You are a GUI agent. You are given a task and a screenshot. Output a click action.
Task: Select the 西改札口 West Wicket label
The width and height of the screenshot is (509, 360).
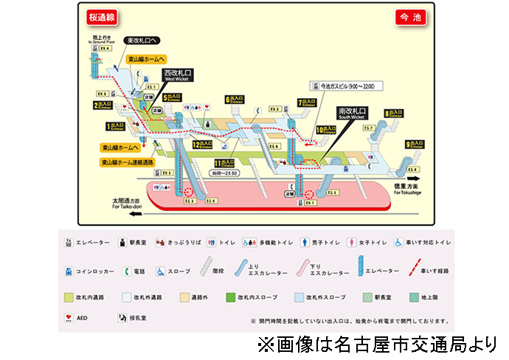177,75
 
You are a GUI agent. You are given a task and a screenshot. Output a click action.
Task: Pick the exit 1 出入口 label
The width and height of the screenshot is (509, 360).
117,126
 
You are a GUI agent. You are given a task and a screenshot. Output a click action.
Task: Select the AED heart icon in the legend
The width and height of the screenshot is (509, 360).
69,319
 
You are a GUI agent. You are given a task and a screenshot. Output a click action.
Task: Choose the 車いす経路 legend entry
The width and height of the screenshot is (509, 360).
429,271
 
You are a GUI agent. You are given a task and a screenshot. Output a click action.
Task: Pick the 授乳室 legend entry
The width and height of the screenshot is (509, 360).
135,319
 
